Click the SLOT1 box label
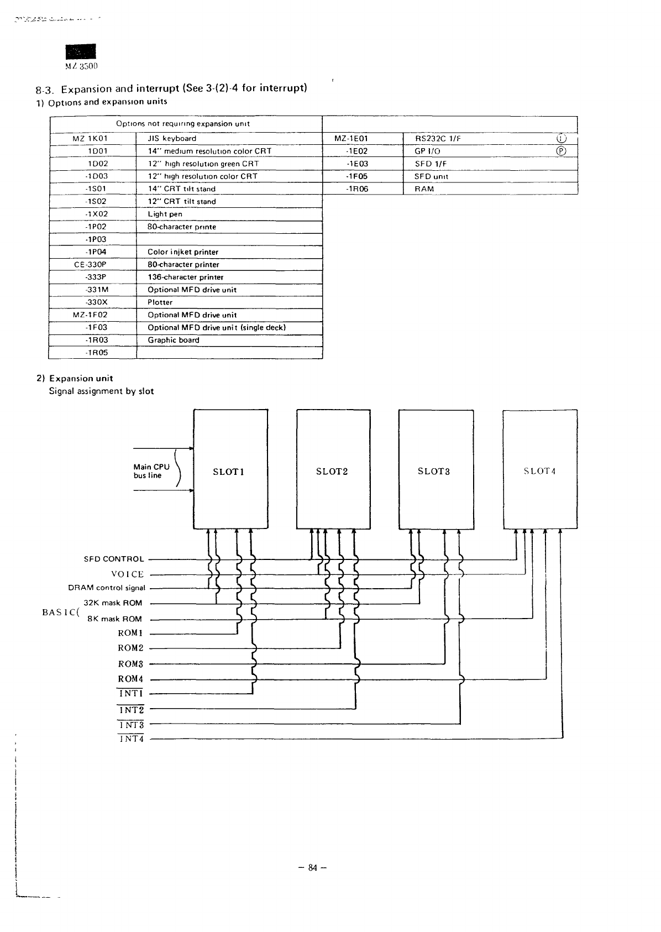point(228,472)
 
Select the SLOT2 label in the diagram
point(332,472)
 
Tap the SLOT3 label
point(433,472)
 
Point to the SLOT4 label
point(539,472)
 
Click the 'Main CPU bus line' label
point(151,471)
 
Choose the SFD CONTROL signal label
point(113,559)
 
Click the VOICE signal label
point(128,574)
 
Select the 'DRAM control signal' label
point(107,588)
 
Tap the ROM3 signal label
point(130,664)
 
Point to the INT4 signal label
point(131,739)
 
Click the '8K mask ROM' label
point(114,619)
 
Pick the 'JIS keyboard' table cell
point(172,139)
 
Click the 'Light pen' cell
point(165,214)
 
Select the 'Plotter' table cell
point(160,302)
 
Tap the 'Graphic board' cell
point(173,340)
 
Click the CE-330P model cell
point(90,265)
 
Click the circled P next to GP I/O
point(561,151)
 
